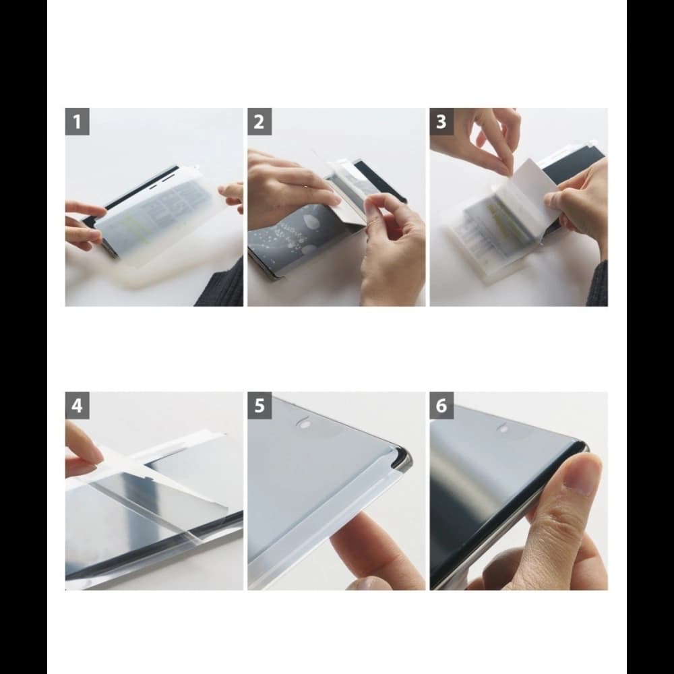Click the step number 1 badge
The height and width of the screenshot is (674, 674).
(78, 122)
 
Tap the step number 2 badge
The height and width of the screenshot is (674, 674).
(259, 122)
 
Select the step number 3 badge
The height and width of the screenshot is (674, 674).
(441, 122)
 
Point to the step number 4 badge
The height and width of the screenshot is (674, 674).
(78, 406)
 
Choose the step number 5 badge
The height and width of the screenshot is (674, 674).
(259, 406)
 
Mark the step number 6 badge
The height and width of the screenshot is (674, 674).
(441, 406)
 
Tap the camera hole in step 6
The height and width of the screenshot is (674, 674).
(503, 427)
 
